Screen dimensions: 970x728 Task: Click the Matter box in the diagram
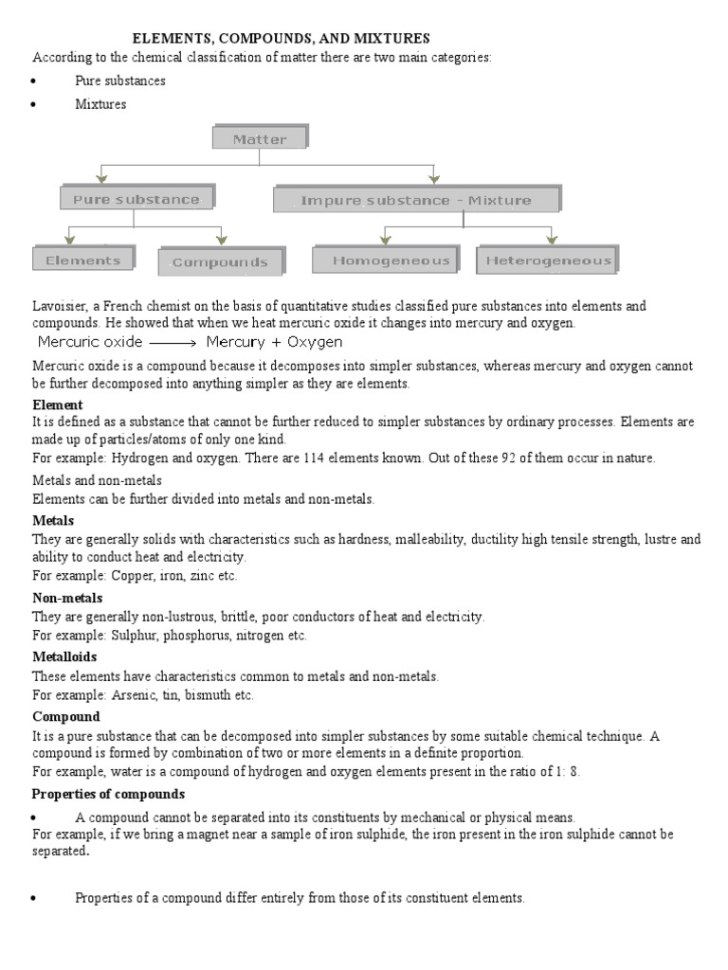[x=259, y=139]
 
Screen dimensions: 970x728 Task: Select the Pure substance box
[x=136, y=200]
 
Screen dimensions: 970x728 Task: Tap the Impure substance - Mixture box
[x=416, y=200]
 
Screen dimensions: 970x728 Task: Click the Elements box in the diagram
[x=82, y=260]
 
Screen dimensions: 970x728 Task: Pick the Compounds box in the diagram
[x=219, y=262]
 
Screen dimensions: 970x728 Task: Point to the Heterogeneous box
[x=548, y=260]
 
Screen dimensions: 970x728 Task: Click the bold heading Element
[x=58, y=404]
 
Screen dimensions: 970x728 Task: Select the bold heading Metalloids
[x=64, y=656]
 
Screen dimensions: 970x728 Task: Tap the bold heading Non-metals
[x=67, y=598]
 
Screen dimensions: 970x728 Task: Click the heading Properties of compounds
[x=108, y=794]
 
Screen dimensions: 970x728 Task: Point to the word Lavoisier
[x=61, y=306]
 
